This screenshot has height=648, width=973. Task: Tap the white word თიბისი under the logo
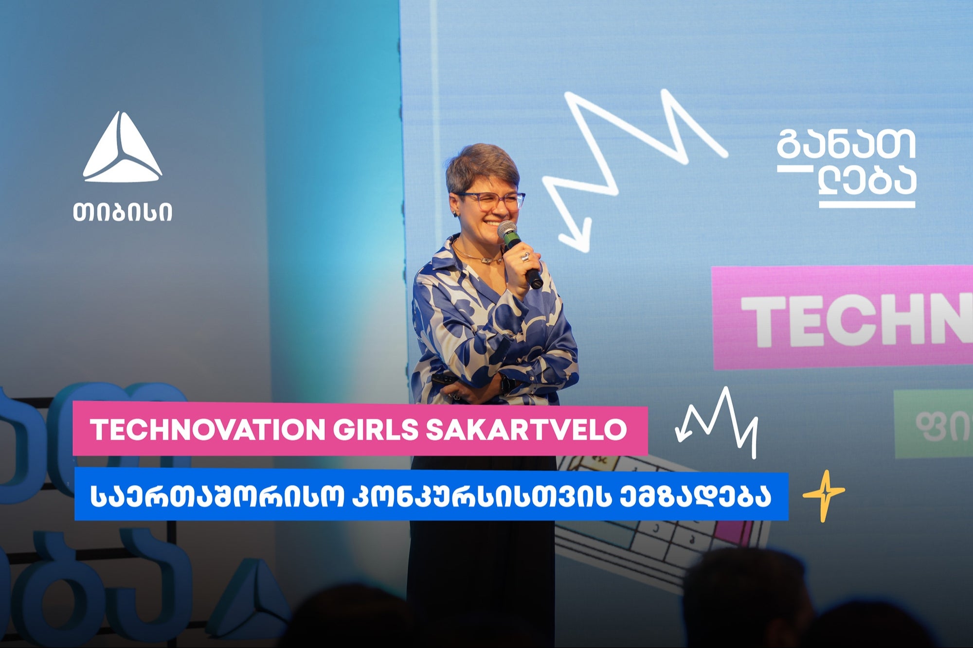[123, 212]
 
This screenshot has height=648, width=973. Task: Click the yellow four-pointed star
[823, 496]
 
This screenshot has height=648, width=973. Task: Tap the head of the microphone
[507, 229]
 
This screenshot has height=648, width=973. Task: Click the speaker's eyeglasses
[491, 201]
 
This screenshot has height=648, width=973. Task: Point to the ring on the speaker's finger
[525, 256]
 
